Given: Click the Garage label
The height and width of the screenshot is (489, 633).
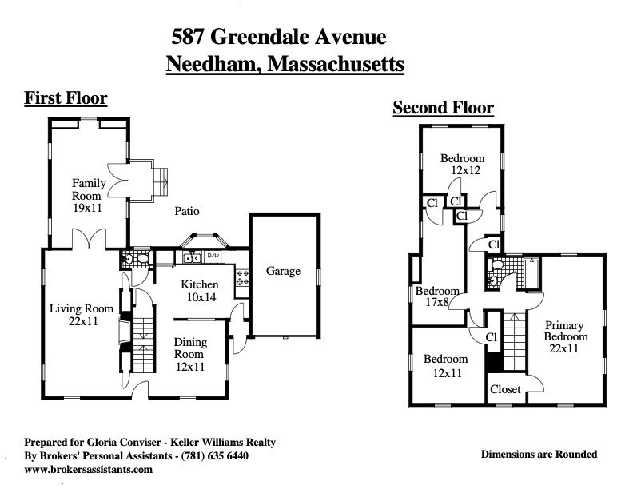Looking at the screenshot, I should (x=283, y=272).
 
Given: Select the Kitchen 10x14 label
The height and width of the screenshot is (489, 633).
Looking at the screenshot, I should (x=199, y=291).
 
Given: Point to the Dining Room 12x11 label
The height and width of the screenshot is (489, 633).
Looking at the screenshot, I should (x=190, y=354).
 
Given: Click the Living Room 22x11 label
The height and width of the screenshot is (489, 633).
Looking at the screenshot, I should (x=82, y=315).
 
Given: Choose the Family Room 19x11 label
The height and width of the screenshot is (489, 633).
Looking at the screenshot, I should (x=88, y=196).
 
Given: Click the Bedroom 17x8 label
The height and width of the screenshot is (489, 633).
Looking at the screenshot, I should (x=437, y=297).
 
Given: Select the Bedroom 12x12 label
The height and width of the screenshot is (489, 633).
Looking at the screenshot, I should (x=463, y=165).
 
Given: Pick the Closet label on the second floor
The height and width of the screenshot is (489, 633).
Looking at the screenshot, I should (x=505, y=389).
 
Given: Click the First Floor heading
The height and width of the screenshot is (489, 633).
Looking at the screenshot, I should (x=66, y=99).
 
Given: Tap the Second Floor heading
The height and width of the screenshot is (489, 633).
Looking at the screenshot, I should (x=443, y=108).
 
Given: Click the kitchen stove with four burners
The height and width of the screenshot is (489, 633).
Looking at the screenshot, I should (x=241, y=278).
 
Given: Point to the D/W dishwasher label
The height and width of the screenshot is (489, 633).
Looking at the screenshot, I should (x=213, y=256).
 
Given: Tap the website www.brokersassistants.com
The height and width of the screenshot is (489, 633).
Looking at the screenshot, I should (x=88, y=470).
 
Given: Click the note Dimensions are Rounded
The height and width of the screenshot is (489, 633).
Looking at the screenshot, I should (x=539, y=455).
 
